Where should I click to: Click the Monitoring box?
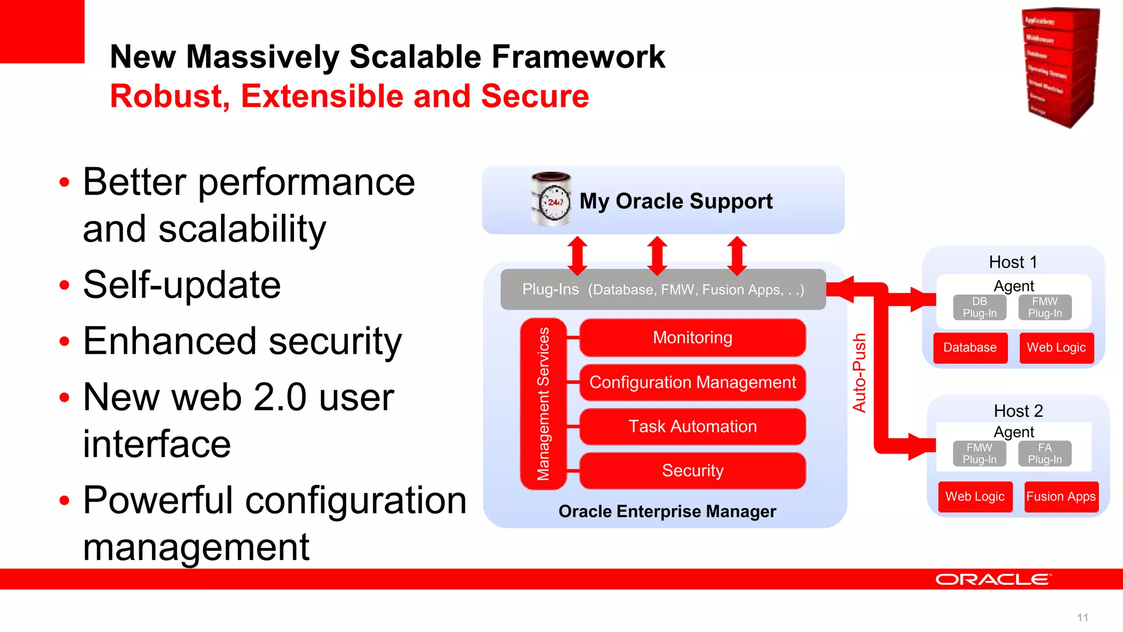pos(693,337)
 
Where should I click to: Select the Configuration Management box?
pos(693,382)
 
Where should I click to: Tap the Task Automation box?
pos(693,426)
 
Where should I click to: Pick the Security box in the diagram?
pos(693,471)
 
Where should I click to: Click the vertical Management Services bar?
pos(543,404)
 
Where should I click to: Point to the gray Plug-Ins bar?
pos(663,289)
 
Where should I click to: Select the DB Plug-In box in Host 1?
pos(979,307)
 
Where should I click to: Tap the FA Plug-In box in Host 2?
pos(1045,454)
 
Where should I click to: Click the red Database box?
pos(970,348)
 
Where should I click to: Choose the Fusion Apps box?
pos(1060,497)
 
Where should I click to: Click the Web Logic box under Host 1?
pos(1056,348)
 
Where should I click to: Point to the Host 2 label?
pos(1018,411)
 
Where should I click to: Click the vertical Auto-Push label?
pos(859,373)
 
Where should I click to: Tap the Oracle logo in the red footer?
pos(993,580)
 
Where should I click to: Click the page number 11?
pos(1082,618)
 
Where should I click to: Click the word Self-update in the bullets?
pos(182,285)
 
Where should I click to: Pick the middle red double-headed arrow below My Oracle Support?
pos(657,256)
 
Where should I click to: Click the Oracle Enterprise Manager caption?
pos(667,511)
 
